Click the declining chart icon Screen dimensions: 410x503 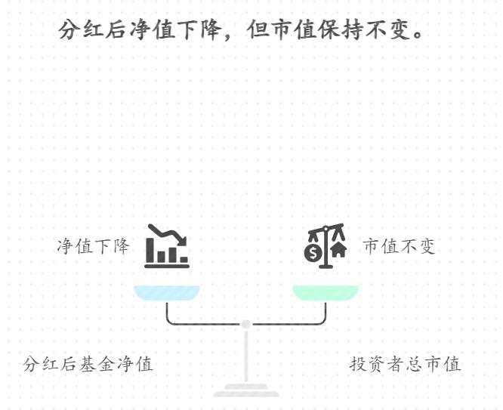point(167,246)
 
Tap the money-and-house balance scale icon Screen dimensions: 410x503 point(326,246)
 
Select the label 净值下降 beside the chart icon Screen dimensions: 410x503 point(94,247)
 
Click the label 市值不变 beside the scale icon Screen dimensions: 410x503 point(399,247)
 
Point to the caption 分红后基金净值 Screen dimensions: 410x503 point(88,364)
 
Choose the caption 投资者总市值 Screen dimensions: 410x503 point(405,364)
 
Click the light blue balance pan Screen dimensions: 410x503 point(167,293)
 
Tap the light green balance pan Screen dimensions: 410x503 point(326,293)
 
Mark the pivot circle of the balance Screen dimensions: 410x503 point(246,325)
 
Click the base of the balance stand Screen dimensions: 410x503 point(246,390)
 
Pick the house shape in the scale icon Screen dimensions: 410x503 point(338,250)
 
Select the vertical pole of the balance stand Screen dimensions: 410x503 point(246,355)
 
